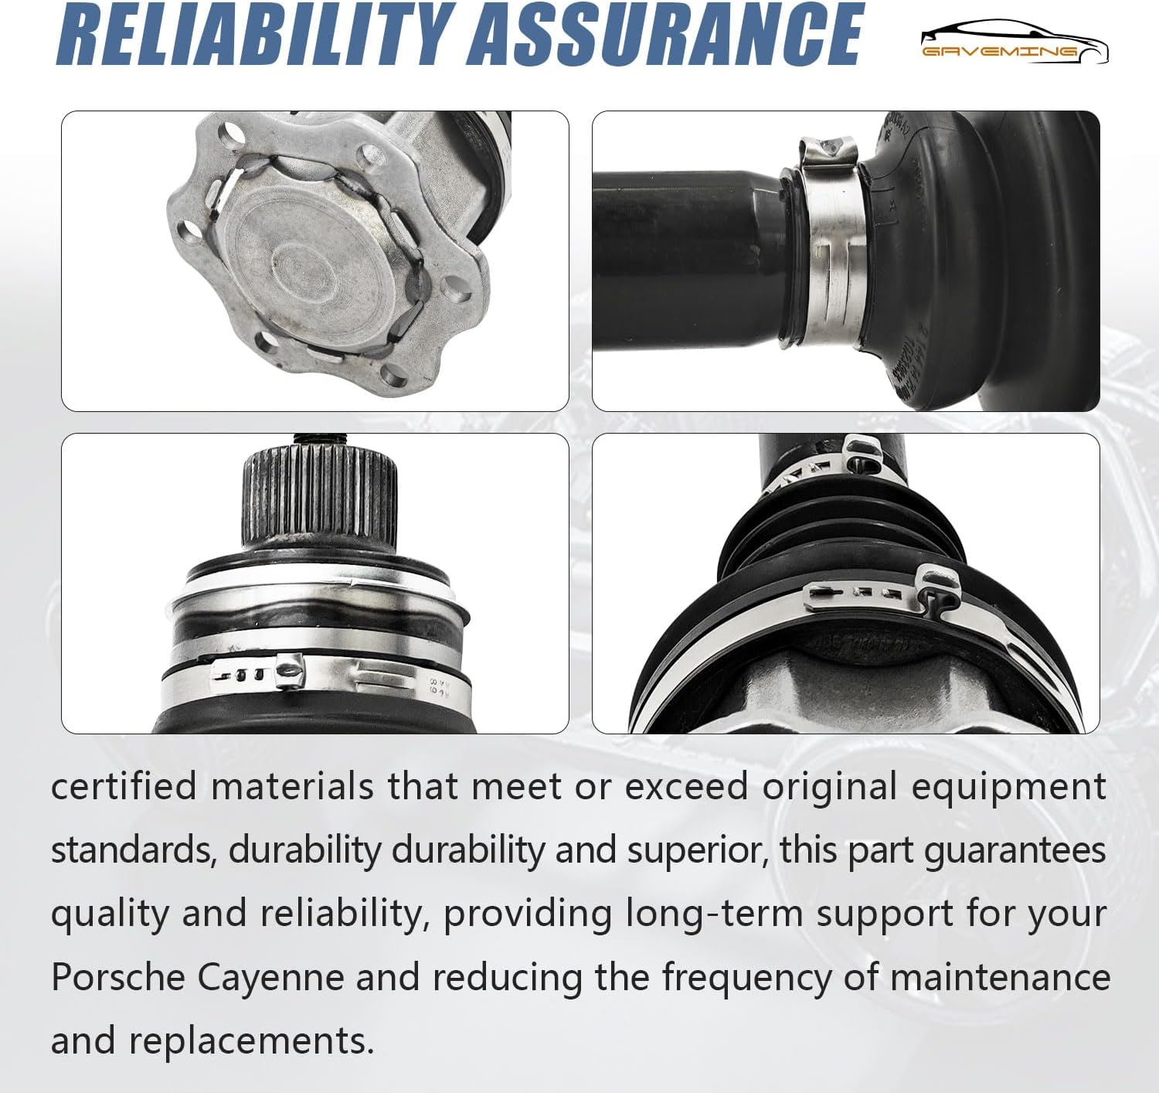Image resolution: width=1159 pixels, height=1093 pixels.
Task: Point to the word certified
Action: [124, 787]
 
